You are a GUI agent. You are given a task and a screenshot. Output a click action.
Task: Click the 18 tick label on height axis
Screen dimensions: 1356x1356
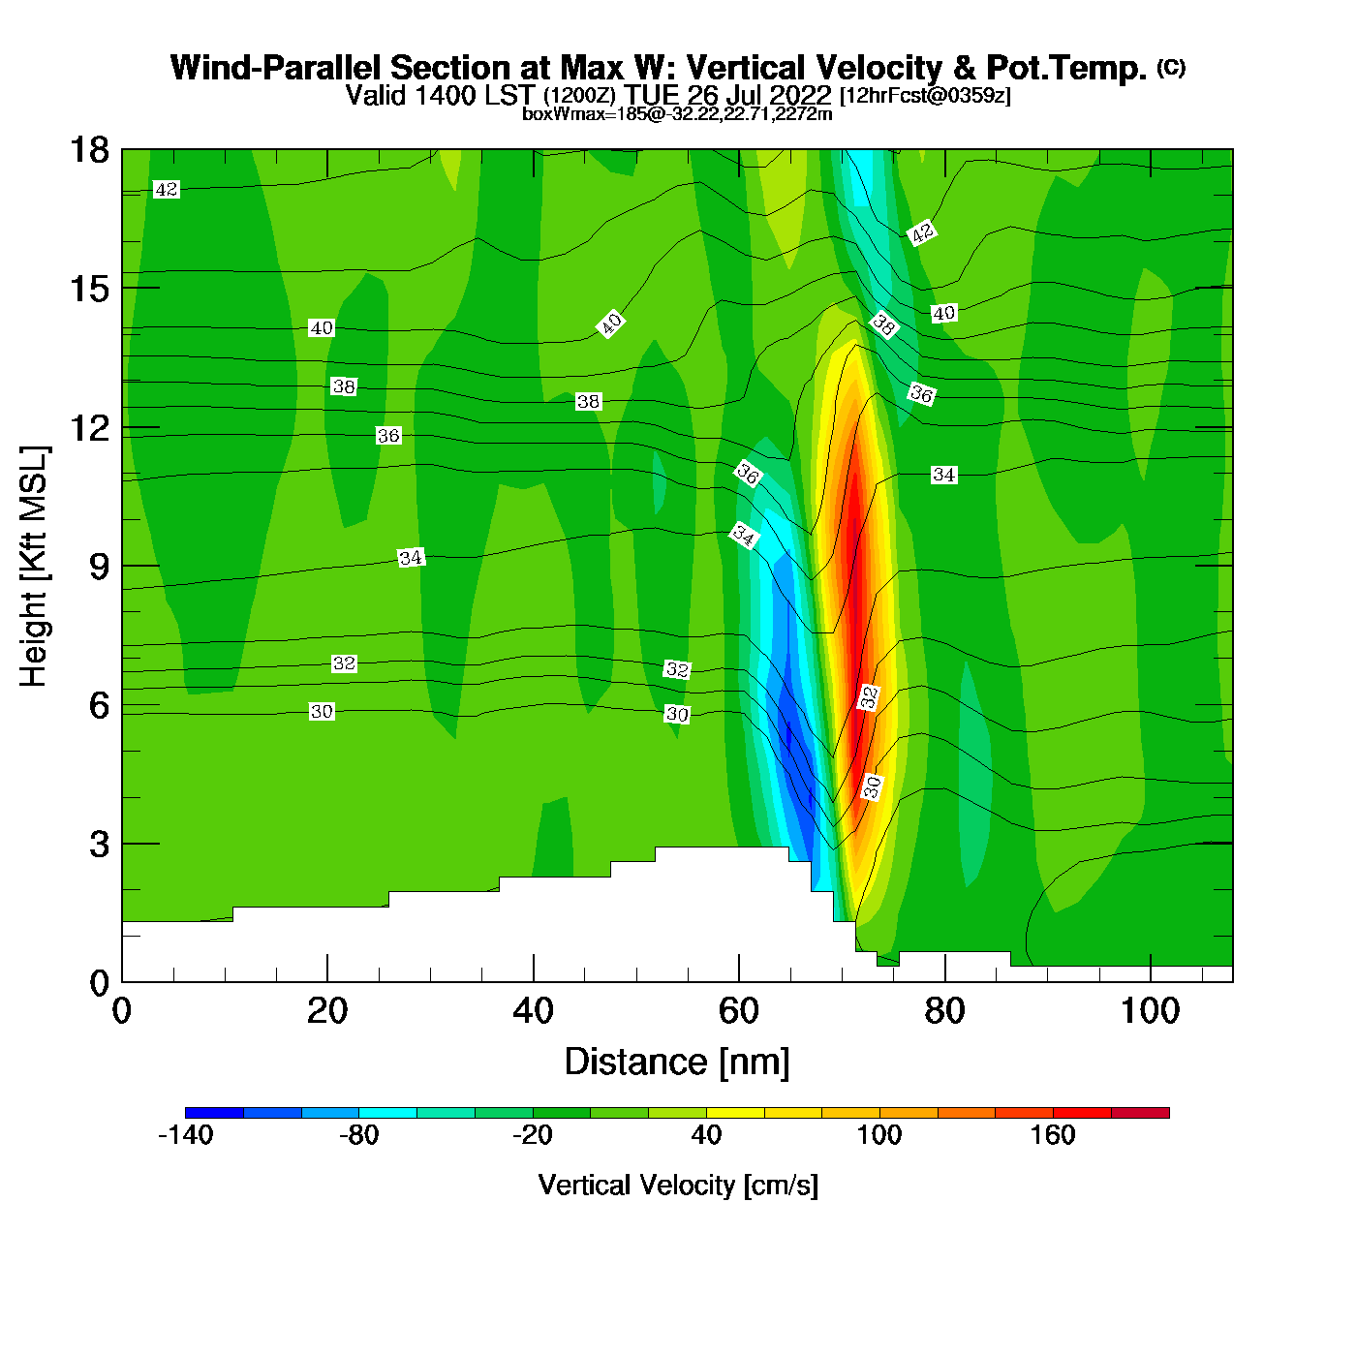point(88,150)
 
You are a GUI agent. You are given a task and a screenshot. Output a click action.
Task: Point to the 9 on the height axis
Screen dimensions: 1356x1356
point(99,567)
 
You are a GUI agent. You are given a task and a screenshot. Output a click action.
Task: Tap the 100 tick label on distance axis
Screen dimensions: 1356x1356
point(1150,1011)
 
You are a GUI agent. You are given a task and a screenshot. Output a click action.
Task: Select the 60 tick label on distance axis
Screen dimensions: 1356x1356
point(738,1011)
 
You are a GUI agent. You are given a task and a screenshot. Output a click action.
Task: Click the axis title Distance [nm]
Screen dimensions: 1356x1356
point(677,1063)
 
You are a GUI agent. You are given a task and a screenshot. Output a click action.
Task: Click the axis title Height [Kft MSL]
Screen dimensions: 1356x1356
point(34,567)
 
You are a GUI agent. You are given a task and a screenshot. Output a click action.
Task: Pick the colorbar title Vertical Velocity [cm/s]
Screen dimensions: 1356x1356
point(678,1186)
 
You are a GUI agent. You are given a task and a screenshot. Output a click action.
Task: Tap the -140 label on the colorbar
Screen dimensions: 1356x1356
point(185,1135)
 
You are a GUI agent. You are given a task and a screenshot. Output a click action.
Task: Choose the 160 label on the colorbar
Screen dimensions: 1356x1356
point(1053,1135)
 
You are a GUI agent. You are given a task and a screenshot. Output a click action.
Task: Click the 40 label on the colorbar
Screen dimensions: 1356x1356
point(706,1135)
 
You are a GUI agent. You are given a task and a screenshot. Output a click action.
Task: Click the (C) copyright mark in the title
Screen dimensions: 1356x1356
point(1171,67)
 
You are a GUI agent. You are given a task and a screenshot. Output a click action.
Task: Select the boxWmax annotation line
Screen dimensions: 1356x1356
point(677,114)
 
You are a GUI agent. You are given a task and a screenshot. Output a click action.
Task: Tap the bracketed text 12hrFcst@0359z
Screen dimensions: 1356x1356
point(925,96)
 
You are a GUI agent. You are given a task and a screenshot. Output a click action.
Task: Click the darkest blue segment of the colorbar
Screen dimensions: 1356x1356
point(214,1113)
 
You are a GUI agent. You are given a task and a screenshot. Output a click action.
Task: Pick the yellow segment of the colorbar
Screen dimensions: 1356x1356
point(735,1113)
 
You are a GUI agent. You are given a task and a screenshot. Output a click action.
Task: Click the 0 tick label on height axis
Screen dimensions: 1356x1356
point(99,983)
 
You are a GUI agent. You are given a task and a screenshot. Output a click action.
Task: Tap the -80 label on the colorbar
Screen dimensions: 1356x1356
point(358,1135)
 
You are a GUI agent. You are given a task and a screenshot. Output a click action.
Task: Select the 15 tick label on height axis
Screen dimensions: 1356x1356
point(88,289)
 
